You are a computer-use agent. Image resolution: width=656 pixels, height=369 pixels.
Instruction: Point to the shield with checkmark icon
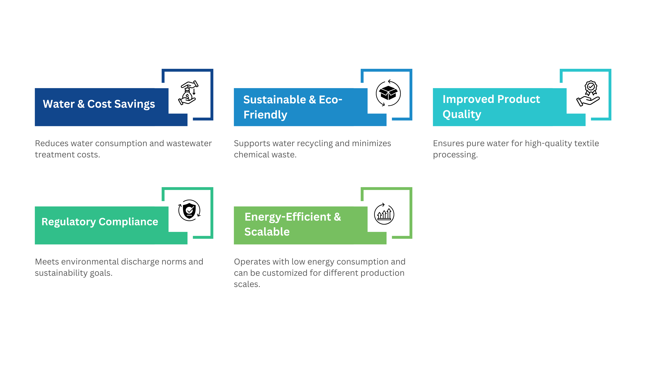189,210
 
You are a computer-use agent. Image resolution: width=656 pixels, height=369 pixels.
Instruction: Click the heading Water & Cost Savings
99,104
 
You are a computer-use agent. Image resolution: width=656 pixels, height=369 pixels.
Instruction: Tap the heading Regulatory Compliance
100,222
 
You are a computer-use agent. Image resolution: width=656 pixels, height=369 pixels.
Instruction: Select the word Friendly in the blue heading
265,115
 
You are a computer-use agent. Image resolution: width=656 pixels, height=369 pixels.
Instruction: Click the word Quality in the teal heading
462,114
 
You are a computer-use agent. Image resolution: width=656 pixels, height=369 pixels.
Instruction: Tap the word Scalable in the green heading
267,232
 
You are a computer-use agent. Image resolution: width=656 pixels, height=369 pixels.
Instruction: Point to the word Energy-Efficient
287,217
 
